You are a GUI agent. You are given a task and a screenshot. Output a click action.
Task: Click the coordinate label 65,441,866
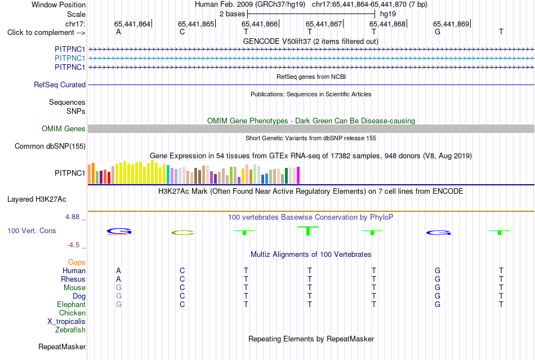pos(260,24)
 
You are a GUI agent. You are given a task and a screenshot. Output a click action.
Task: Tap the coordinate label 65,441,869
pos(451,24)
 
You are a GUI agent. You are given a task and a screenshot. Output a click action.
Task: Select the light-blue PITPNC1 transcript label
pos(70,59)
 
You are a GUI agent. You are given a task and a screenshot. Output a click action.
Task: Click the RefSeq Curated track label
pos(60,85)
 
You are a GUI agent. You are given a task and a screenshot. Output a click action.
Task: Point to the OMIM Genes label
pos(64,128)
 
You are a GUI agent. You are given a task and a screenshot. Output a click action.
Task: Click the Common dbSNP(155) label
pos(50,146)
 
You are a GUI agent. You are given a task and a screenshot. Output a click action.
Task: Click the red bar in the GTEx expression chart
pos(109,178)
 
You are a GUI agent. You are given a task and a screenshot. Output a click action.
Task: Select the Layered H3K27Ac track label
pos(37,199)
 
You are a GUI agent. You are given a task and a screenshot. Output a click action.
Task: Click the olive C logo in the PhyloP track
pos(182,233)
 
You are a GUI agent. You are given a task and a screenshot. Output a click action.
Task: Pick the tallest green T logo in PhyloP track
pos(307,230)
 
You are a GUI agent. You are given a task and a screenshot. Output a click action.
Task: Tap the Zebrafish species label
pos(70,330)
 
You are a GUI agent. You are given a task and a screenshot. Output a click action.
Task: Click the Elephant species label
pos(71,304)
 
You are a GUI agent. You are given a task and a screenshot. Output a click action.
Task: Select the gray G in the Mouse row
pos(118,288)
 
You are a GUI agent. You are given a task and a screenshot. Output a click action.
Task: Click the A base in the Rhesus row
pos(118,279)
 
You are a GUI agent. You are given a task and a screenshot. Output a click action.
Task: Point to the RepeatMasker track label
pos(62,346)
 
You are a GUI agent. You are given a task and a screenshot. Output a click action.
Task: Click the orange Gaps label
pos(77,262)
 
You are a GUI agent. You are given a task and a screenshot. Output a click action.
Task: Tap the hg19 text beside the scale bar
pos(388,14)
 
